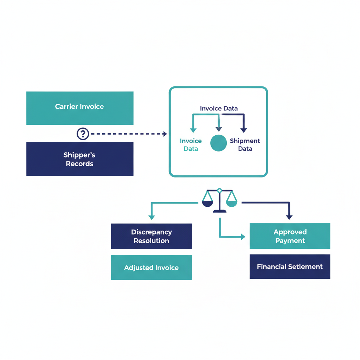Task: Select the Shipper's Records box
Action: click(80, 159)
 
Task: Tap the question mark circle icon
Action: click(83, 134)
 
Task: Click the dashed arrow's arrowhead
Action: click(165, 134)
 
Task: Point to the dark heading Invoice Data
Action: click(219, 109)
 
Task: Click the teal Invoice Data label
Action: click(191, 144)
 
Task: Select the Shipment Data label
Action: click(245, 144)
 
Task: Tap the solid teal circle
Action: click(218, 143)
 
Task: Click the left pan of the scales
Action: click(208, 203)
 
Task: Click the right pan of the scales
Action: click(231, 203)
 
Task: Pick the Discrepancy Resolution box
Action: click(152, 236)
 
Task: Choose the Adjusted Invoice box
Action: click(152, 268)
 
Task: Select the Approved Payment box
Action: click(290, 236)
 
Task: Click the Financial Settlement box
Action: click(290, 266)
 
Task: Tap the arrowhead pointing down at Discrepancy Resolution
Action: click(152, 217)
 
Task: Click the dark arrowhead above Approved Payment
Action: click(289, 217)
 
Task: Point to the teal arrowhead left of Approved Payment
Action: click(243, 237)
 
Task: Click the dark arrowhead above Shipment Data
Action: click(244, 130)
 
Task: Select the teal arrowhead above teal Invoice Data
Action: click(193, 130)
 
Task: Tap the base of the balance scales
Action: click(219, 211)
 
